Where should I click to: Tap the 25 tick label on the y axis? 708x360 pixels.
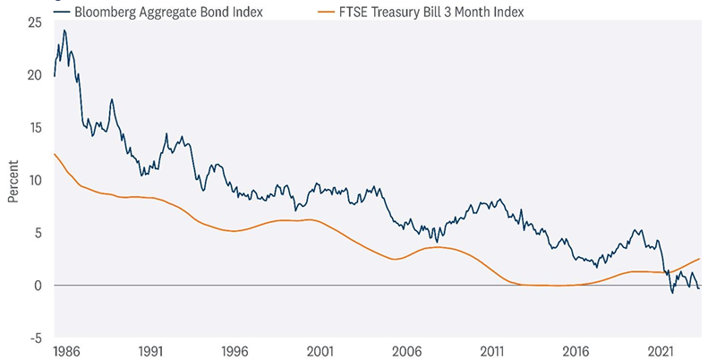tap(35, 21)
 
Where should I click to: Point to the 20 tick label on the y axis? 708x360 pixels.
tap(35, 74)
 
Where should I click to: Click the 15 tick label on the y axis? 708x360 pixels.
tap(35, 127)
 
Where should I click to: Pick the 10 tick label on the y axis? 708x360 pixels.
tap(35, 180)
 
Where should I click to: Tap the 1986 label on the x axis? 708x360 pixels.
tap(65, 352)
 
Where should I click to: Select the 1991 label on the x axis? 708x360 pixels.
tap(150, 352)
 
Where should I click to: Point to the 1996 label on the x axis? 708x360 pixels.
tap(235, 352)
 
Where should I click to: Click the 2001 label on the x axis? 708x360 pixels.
tap(320, 352)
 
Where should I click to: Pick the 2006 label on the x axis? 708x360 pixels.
tap(406, 352)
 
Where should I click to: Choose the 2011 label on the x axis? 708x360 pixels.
tap(491, 352)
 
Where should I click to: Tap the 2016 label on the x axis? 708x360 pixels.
tap(576, 352)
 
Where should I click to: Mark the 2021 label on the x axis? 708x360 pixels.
tap(661, 352)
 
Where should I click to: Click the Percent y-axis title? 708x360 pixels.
tap(13, 180)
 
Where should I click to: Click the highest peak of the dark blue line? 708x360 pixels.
tap(64, 30)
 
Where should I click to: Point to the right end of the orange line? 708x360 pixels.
tap(699, 258)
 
